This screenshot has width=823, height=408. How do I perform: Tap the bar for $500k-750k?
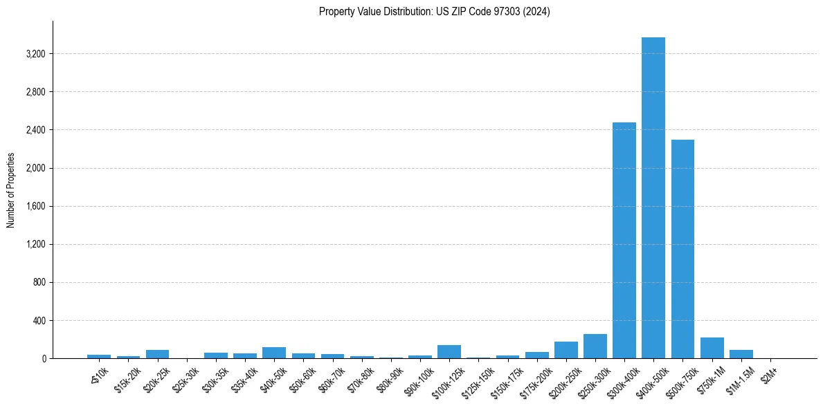682,249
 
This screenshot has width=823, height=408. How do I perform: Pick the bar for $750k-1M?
712,348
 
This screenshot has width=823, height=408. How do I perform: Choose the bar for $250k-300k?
595,346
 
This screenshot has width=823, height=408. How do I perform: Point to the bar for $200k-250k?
566,350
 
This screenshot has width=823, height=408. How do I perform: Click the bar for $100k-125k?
449,352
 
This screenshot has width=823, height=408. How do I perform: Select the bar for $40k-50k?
273,353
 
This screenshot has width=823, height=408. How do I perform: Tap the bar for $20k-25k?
157,354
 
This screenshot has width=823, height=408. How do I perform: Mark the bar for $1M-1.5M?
741,354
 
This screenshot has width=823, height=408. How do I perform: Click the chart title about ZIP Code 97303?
434,12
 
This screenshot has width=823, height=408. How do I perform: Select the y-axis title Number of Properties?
11,190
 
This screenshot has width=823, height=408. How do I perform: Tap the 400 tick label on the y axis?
38,321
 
